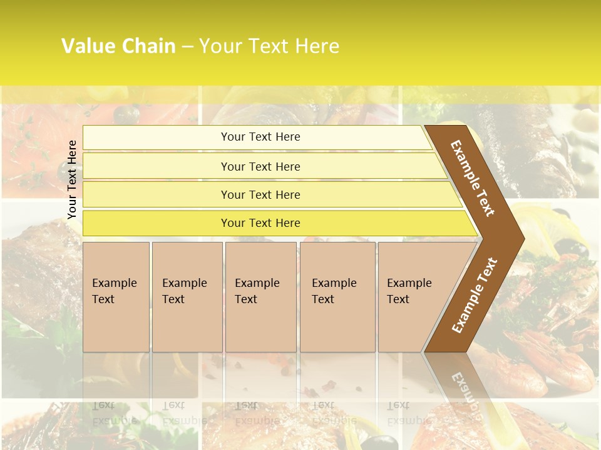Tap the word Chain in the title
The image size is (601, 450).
[x=149, y=46]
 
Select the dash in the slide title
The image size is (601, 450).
[x=187, y=47]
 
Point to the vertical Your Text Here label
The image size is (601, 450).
[x=72, y=179]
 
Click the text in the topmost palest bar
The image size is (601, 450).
[x=260, y=137]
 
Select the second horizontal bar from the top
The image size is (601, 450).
[x=260, y=166]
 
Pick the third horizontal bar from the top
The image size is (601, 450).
[x=260, y=194]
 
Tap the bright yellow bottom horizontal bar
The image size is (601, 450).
[x=260, y=223]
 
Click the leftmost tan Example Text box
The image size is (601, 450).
[x=116, y=297]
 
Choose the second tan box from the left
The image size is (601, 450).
[x=187, y=297]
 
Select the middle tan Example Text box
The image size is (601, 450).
[x=260, y=297]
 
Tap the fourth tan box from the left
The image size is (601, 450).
[x=337, y=297]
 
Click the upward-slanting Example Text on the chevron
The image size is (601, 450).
[x=474, y=296]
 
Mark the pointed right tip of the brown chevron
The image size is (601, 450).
[x=523, y=238]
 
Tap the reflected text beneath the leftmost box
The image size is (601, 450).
[x=115, y=413]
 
